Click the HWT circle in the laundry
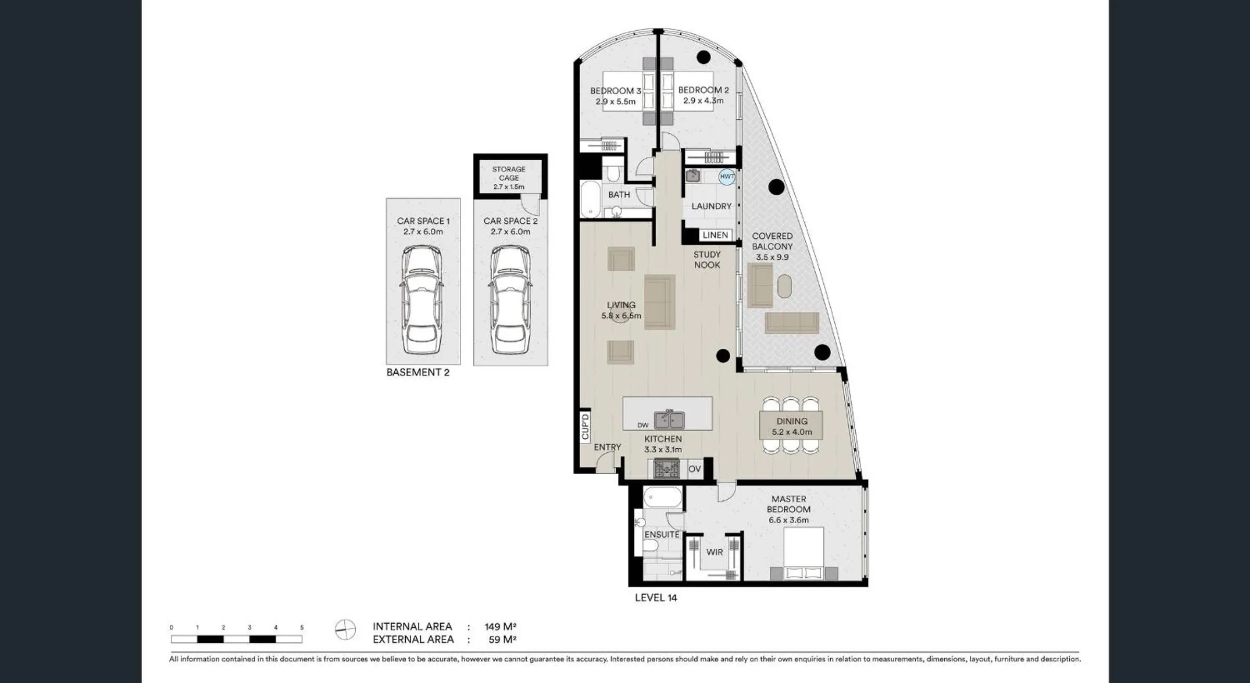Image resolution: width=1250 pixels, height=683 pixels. click(727, 176)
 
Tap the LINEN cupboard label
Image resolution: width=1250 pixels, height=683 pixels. click(715, 235)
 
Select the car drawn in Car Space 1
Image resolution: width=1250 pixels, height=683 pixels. click(422, 300)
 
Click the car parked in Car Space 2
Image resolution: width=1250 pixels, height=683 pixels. click(510, 300)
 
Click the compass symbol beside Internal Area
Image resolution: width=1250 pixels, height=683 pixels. click(345, 630)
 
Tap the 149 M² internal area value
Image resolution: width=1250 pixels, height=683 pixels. click(500, 627)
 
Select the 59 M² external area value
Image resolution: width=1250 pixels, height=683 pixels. click(502, 640)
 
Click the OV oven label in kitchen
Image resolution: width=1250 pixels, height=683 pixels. click(694, 469)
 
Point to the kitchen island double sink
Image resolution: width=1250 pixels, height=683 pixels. click(669, 419)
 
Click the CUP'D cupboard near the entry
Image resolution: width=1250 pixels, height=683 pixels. click(585, 426)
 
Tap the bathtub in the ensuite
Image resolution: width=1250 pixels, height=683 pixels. click(662, 497)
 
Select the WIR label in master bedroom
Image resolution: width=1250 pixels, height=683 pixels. click(715, 552)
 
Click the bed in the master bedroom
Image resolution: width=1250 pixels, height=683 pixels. click(804, 553)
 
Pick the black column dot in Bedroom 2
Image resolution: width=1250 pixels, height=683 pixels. click(704, 57)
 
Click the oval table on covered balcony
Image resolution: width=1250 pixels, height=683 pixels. click(784, 286)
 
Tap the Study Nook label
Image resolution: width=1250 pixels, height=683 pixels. click(707, 260)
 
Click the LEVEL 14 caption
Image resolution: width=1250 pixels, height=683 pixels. click(656, 598)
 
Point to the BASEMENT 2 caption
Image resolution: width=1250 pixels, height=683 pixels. click(418, 372)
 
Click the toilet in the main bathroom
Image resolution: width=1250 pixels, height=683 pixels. click(613, 173)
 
